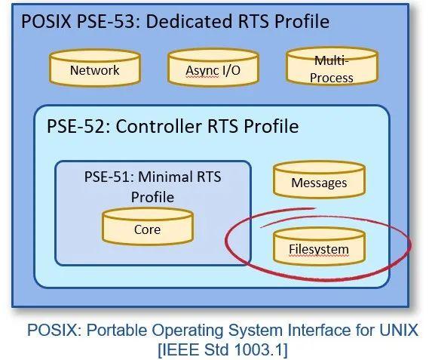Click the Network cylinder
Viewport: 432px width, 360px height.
(95, 68)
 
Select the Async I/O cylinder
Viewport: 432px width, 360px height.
(213, 67)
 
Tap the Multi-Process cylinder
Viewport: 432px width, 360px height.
(332, 66)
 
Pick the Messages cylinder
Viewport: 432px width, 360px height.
(320, 180)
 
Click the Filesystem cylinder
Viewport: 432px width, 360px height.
(320, 246)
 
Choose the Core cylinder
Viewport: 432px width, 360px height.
(148, 226)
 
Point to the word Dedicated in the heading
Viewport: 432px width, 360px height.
(189, 22)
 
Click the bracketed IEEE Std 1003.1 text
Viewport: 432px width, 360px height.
(223, 349)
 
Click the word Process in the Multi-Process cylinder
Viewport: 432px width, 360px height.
(332, 78)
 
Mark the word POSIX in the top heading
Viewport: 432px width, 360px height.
(46, 22)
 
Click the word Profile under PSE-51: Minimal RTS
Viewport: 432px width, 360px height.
(152, 197)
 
